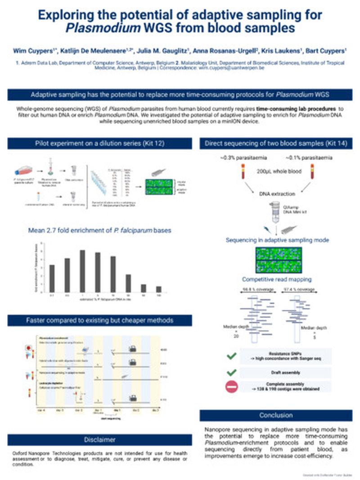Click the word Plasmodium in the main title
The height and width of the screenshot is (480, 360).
(x=94, y=28)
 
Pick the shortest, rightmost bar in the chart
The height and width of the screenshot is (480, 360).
(x=158, y=289)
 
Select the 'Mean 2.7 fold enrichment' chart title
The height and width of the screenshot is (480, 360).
(x=100, y=231)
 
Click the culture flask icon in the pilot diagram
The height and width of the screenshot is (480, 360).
(x=22, y=170)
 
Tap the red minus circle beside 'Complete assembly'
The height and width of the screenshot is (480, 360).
(x=232, y=387)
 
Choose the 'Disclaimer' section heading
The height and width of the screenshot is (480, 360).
(x=99, y=440)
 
